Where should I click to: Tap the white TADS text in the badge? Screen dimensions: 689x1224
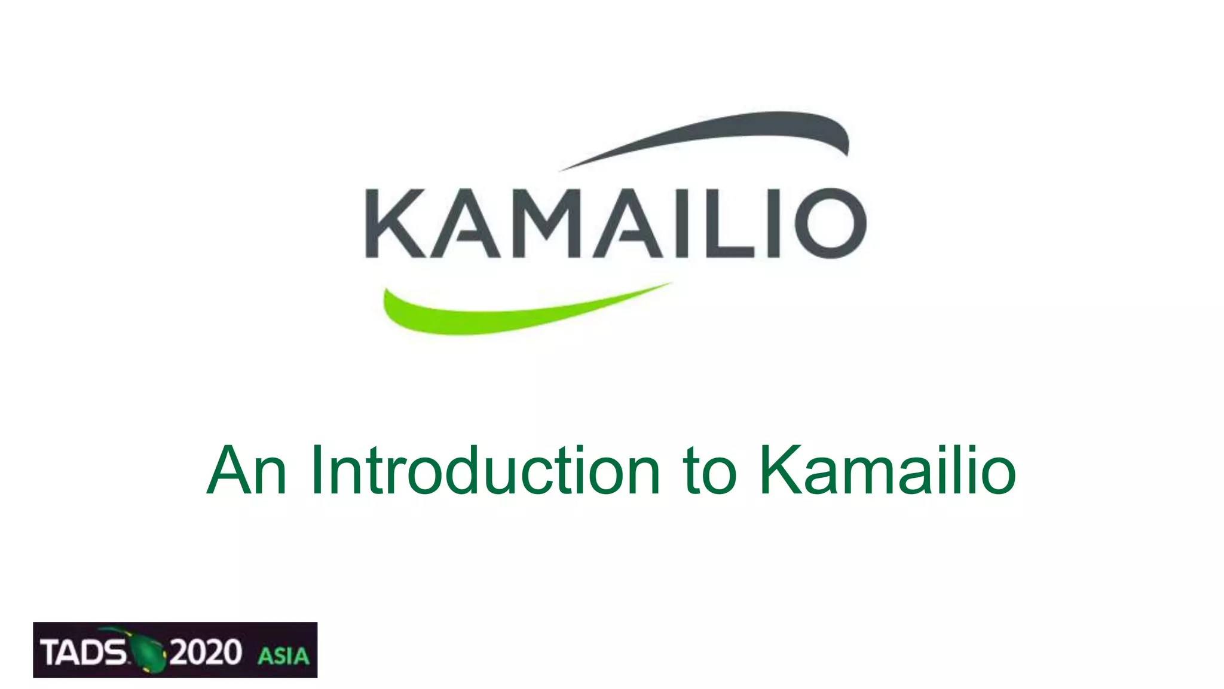tap(83, 652)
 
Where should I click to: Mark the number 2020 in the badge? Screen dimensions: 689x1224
tap(205, 652)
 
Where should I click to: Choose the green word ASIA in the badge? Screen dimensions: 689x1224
tap(283, 656)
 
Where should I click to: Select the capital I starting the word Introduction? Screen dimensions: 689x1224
tap(316, 471)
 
